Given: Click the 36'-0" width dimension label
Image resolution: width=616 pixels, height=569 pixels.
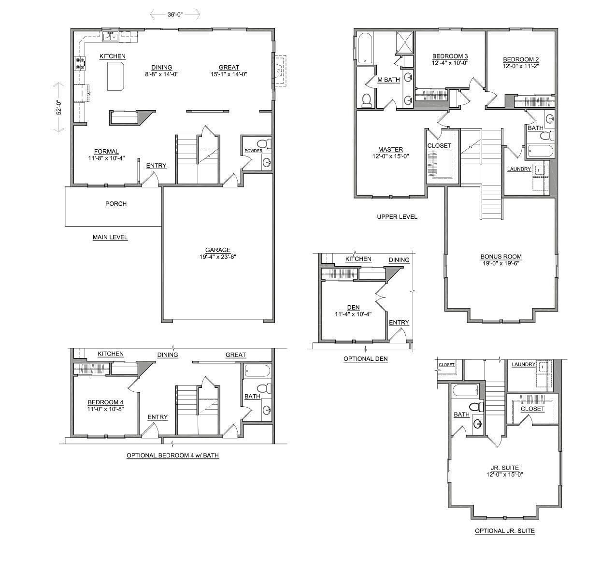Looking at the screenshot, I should pos(175,14).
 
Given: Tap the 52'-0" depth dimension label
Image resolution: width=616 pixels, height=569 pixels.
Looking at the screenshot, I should pos(58,107).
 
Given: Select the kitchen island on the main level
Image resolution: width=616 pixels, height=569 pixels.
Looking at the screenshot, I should pos(115,76).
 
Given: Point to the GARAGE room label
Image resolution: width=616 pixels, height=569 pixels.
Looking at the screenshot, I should pos(217,250).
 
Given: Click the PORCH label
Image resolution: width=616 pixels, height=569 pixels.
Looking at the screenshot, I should pos(116,204).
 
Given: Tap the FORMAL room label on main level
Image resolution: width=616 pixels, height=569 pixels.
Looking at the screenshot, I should pos(106,151).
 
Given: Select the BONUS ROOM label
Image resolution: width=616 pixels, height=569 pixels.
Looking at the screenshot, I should pos(501,256).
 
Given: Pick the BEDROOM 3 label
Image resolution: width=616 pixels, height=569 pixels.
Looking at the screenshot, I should pos(450,56).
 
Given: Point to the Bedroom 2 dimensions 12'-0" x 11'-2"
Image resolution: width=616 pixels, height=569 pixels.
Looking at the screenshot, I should pos(520,66).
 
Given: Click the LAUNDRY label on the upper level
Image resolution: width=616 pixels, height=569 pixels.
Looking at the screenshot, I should pos(519,169).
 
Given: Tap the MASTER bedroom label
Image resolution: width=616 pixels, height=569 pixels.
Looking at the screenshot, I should pos(390,150).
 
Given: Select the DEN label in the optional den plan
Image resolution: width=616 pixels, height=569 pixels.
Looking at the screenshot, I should pos(353,307).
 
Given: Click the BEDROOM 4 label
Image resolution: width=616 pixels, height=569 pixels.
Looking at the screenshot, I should pos(105,402).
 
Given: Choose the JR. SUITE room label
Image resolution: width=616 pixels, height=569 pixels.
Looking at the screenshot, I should pos(504,468).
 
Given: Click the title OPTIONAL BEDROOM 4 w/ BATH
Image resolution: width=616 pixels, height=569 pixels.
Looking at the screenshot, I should pos(172,455).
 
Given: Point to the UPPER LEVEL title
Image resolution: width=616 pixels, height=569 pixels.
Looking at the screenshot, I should pos(397,217).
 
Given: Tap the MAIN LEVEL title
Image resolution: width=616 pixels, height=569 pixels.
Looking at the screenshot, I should pos(110,237).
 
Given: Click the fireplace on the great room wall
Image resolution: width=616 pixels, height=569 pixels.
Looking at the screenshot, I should pos(279,71).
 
